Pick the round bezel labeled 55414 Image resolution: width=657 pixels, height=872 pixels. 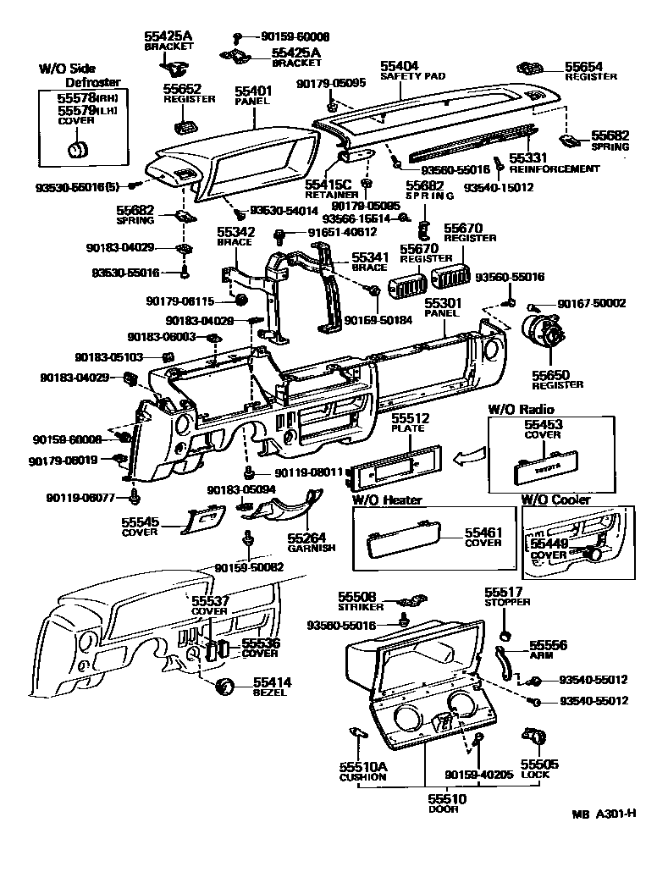click(x=225, y=687)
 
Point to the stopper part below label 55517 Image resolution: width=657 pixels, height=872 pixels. click(x=505, y=635)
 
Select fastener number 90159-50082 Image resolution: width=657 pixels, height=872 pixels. click(x=248, y=566)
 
